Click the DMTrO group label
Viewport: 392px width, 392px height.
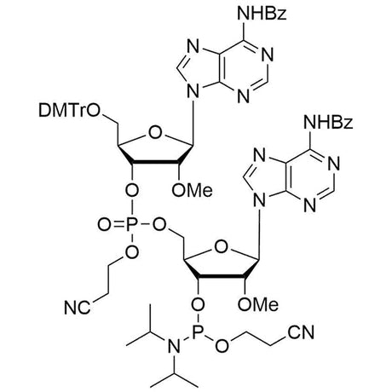[69, 111]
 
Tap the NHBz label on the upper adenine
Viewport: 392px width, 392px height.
[262, 14]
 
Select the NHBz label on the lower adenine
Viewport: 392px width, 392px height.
[328, 123]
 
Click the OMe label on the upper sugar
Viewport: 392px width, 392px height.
[193, 190]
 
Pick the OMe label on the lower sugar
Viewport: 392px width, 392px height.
[258, 305]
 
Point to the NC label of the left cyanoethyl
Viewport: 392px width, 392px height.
[78, 308]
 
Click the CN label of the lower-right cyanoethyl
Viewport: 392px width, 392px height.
[301, 332]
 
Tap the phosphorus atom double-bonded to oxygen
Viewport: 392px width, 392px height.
[131, 225]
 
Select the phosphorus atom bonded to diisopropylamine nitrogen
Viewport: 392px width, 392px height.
[198, 330]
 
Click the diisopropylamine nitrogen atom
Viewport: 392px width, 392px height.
[174, 346]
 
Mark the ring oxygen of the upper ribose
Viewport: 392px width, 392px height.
[155, 133]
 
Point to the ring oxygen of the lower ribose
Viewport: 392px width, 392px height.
[222, 247]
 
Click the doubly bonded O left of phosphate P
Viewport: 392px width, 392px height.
[104, 225]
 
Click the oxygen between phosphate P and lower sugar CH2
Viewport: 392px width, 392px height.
[159, 225]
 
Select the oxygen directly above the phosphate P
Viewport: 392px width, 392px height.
[131, 190]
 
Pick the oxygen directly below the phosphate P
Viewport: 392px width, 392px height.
[131, 251]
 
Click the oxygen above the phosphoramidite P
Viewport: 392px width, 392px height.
[198, 305]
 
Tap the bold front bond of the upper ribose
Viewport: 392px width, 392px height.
[155, 163]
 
